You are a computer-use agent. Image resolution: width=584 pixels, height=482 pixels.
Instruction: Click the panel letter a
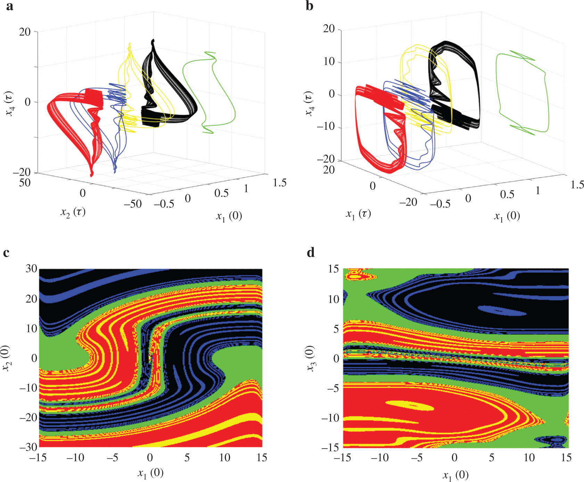point(10,6)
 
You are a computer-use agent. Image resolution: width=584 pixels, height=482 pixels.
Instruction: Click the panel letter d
point(311,252)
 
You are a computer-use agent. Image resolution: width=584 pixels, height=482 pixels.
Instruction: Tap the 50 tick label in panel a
point(25,183)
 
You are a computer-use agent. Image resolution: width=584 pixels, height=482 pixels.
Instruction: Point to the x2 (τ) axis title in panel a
point(73,212)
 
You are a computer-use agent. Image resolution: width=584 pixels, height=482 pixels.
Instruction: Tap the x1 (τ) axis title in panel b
point(358,214)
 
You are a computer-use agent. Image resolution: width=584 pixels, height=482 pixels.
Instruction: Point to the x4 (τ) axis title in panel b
point(309,103)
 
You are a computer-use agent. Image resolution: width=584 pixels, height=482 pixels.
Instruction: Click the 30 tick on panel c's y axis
point(31,268)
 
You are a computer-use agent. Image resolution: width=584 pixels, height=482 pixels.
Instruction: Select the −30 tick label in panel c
point(28,447)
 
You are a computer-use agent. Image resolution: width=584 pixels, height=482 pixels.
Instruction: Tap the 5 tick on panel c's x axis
point(187,458)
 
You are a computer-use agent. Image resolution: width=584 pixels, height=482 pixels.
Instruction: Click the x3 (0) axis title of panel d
point(311,358)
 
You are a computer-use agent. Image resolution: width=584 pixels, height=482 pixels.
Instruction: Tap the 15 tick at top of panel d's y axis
point(333,269)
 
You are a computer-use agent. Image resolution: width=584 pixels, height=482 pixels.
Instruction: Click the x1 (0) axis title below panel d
point(455,475)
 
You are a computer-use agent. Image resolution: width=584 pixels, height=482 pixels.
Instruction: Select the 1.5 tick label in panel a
point(280,183)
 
